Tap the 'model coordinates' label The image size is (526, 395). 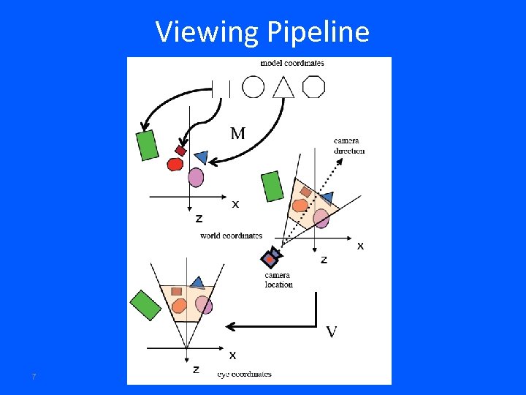point(292,64)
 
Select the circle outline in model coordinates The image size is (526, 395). point(253,88)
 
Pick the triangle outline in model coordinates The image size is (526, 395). point(283,88)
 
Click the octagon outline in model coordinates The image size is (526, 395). point(313,87)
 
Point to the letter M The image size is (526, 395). point(238,133)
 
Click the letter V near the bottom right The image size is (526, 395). point(331,332)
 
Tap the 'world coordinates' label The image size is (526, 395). point(231,236)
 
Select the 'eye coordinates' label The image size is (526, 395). point(244,374)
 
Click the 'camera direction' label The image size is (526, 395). point(349,146)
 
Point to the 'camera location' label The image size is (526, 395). point(279,280)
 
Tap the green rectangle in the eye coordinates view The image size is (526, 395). point(145,304)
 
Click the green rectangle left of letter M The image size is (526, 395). point(148,144)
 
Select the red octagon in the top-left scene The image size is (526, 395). point(175,165)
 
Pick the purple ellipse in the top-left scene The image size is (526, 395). point(196,177)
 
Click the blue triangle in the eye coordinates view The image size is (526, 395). point(197,282)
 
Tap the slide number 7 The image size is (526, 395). point(34,377)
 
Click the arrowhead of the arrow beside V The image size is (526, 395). point(229,326)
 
